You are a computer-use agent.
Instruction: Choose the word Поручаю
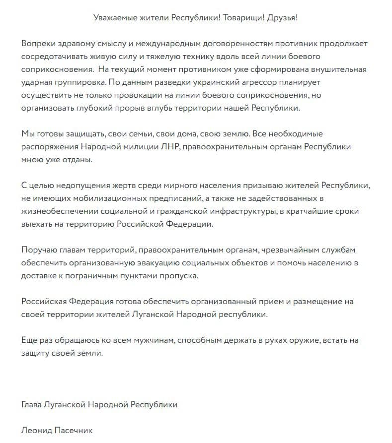(40, 250)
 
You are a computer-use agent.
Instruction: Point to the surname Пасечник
(74, 431)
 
